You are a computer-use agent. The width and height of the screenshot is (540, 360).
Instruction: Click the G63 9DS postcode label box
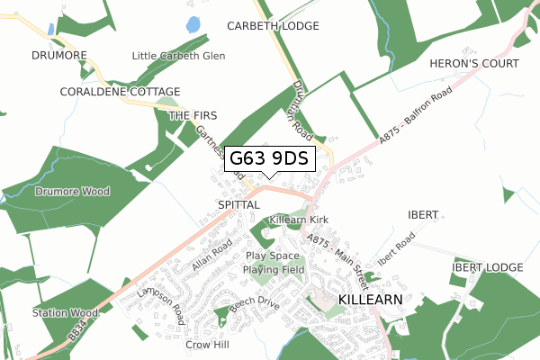point(269,159)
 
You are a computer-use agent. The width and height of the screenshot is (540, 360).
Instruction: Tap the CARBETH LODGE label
point(274,26)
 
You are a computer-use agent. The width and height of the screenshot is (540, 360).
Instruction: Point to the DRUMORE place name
point(58,55)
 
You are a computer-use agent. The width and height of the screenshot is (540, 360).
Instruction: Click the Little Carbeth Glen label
point(178,56)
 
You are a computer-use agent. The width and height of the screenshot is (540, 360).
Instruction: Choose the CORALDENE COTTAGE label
point(121,92)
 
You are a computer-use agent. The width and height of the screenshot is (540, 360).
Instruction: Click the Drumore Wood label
point(72,192)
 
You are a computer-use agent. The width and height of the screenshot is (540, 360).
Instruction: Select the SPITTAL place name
point(238,205)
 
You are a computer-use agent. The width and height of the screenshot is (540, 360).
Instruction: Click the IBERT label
point(422,215)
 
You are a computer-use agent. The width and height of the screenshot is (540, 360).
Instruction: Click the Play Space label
point(273,256)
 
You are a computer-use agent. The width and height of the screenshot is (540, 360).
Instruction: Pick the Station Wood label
point(65,313)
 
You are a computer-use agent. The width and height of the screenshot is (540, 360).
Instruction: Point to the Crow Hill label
point(208,345)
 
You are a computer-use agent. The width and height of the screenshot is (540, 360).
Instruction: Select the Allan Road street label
point(212,255)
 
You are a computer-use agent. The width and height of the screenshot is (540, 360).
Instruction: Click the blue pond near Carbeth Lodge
point(193,25)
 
